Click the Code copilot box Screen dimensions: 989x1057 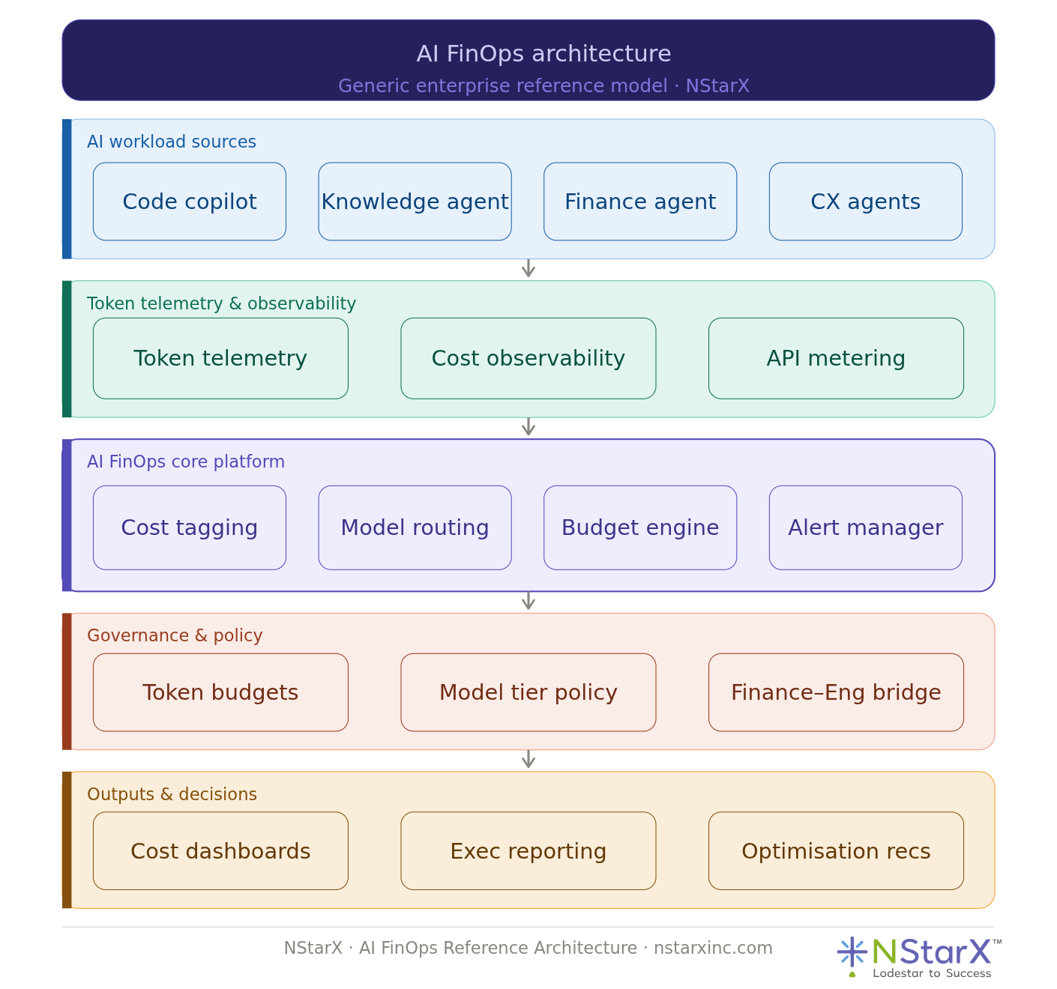point(190,202)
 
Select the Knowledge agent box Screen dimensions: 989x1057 point(415,202)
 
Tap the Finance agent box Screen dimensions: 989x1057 point(640,202)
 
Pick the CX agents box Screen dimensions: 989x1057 point(865,202)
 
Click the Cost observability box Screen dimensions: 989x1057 point(528,358)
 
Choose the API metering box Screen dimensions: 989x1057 point(836,358)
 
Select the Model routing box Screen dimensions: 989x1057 point(415,527)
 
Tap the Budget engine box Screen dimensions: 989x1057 point(640,527)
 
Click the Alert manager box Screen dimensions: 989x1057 point(865,527)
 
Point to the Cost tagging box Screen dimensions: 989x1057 point(190,527)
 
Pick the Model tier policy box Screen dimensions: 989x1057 point(528,692)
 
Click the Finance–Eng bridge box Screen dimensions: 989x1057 point(836,692)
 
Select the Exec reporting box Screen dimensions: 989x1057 point(528,851)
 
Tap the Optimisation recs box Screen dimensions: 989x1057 point(836,851)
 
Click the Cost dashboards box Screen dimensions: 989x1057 point(220,851)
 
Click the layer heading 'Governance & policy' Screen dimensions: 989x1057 point(175,635)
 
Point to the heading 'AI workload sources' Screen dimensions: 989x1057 point(172,142)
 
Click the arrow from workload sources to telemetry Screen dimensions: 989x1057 point(528,268)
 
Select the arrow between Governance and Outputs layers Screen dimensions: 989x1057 point(528,759)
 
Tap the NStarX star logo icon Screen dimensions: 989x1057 point(852,952)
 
